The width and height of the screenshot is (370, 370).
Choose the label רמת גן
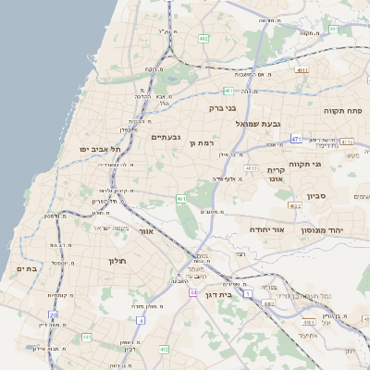tap(200, 142)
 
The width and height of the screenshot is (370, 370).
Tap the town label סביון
tap(316, 196)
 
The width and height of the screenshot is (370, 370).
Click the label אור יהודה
tap(265, 228)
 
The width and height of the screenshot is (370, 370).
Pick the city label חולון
tap(117, 261)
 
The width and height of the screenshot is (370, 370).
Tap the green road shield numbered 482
tap(203, 39)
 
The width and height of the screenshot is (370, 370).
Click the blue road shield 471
tap(296, 139)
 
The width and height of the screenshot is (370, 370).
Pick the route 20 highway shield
tap(54, 314)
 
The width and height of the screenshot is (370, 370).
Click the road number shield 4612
tap(252, 168)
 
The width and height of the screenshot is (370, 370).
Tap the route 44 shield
tap(193, 292)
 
